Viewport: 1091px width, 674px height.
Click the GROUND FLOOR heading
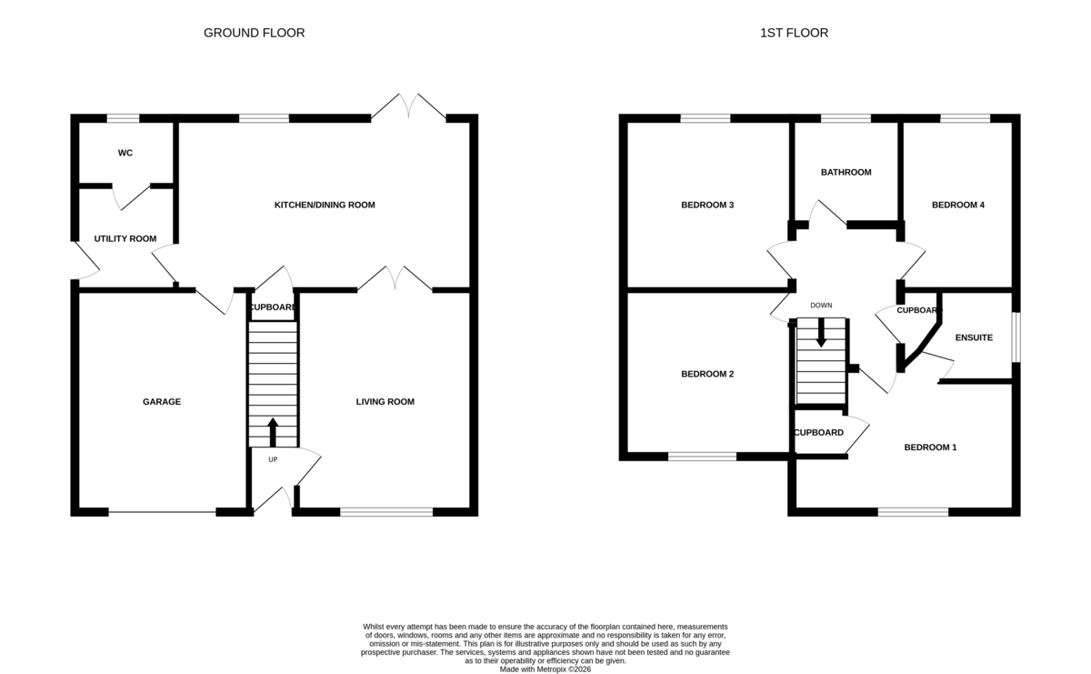click(254, 33)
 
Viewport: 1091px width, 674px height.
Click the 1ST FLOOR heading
click(794, 33)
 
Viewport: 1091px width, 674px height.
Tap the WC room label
click(125, 153)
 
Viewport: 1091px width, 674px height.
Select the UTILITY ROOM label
click(125, 239)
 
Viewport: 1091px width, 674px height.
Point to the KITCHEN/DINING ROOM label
click(325, 206)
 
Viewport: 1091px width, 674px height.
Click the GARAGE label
click(162, 401)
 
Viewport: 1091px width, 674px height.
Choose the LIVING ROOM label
click(385, 401)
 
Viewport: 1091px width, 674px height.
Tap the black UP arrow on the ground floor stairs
click(273, 432)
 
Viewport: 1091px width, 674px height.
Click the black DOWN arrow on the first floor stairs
click(821, 332)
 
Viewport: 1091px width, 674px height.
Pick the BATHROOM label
click(846, 172)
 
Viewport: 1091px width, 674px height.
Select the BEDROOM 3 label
click(707, 206)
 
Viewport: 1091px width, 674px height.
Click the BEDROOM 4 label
click(958, 206)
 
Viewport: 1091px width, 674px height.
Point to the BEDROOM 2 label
click(707, 374)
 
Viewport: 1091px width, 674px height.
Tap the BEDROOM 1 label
click(930, 448)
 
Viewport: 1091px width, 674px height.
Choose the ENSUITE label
click(974, 337)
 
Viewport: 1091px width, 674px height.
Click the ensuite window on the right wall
click(1016, 337)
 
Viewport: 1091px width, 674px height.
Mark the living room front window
click(386, 512)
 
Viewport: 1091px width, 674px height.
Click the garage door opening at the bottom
click(162, 512)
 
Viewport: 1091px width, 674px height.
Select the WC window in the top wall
click(123, 118)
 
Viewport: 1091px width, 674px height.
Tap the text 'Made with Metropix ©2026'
click(545, 669)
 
